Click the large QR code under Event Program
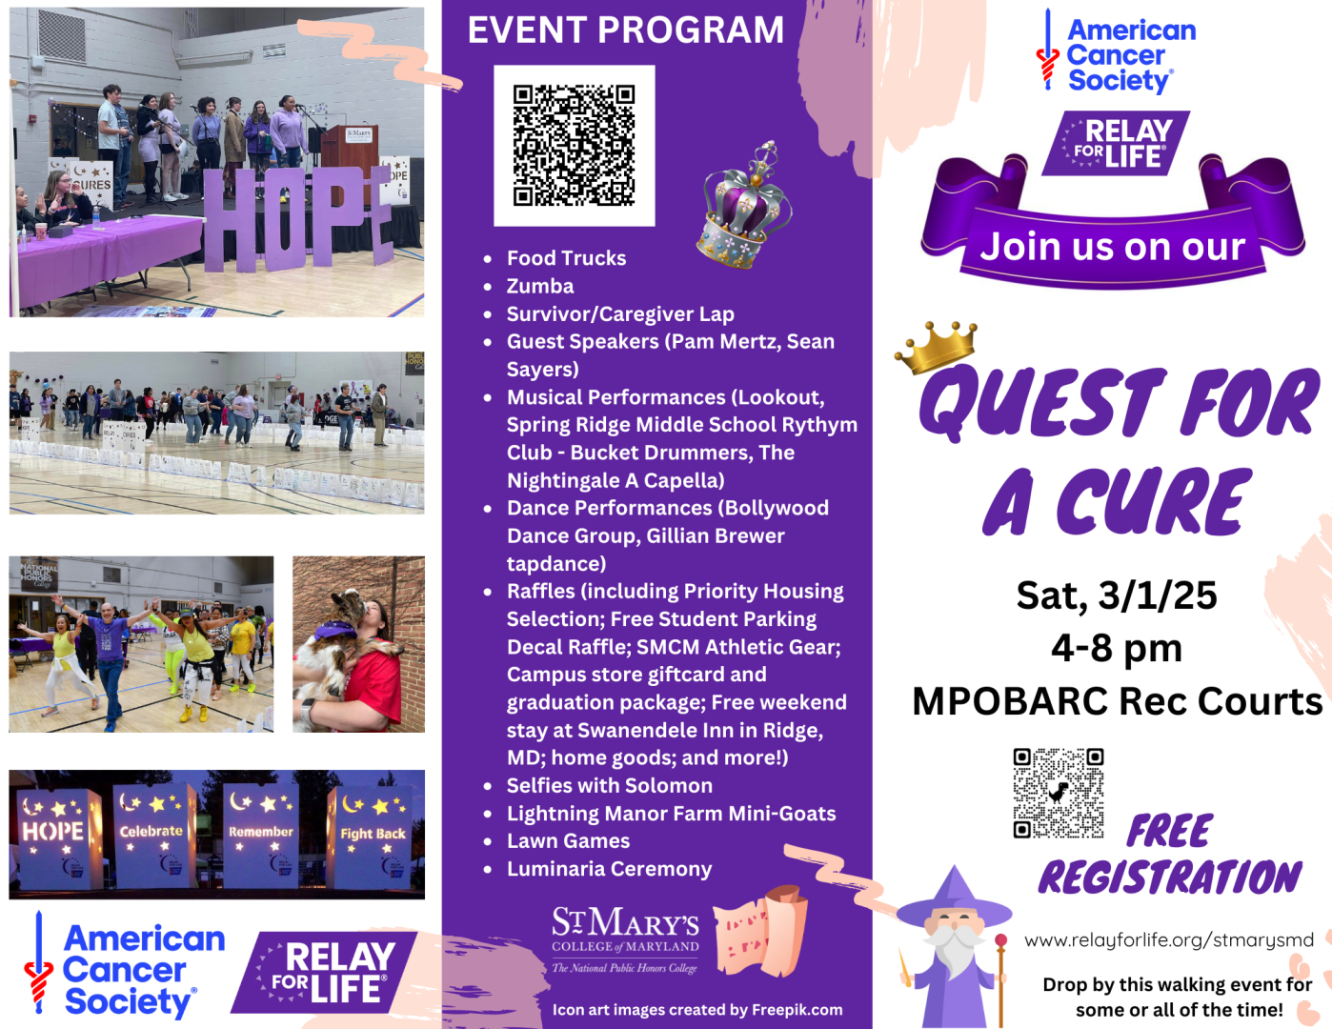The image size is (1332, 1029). coord(574,145)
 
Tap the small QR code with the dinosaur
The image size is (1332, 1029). coord(1058,793)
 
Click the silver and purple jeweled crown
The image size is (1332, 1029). coord(744,205)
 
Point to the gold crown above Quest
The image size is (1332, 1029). coord(936,347)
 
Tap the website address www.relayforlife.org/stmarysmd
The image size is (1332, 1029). coord(1168,939)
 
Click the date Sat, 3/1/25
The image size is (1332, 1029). coord(1117,595)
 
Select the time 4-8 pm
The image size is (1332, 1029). coord(1117,648)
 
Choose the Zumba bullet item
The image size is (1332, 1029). coord(540,286)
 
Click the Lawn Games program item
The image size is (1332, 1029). coord(568,841)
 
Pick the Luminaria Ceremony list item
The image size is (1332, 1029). coord(609,869)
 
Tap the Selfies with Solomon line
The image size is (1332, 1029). coord(609,786)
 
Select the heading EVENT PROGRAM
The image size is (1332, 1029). coord(626,30)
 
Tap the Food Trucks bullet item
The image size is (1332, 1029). coord(566,258)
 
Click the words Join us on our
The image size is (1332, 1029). coord(1112,247)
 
